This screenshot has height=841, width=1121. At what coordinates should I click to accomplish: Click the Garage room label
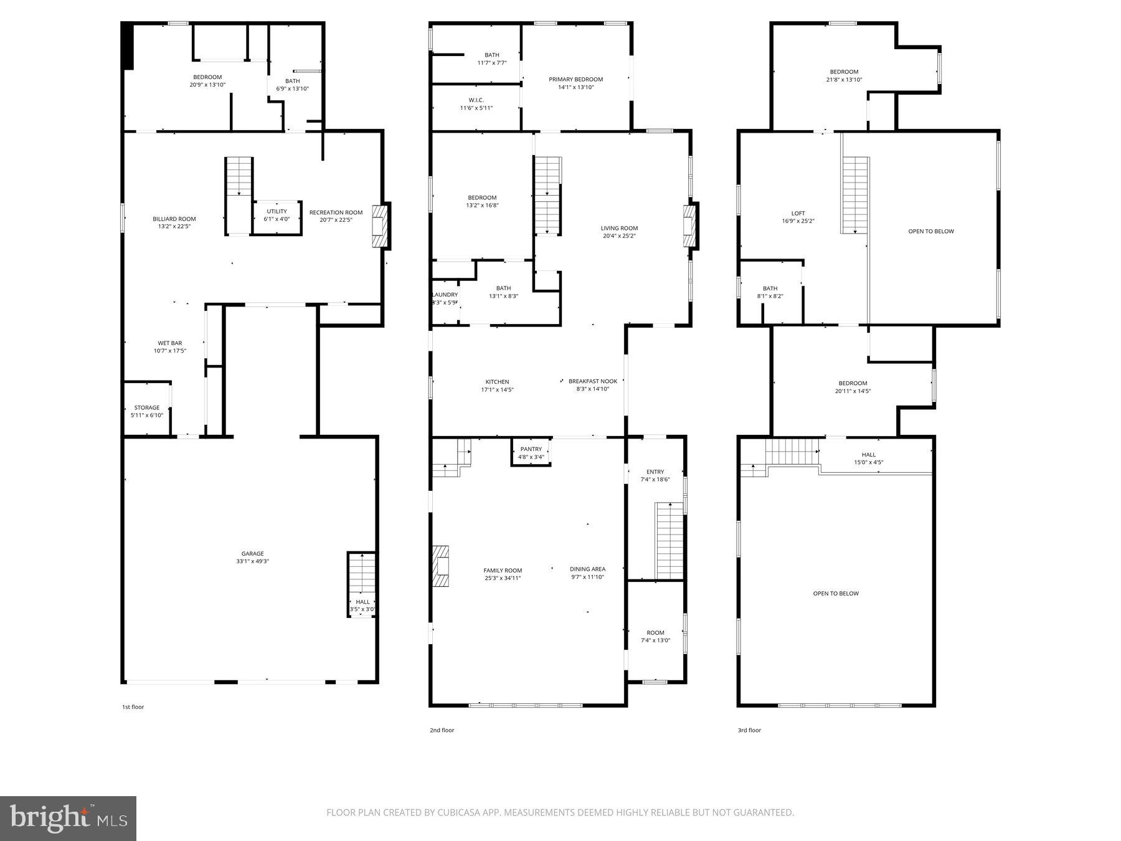253,554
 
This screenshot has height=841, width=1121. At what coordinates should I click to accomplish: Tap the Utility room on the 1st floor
277,215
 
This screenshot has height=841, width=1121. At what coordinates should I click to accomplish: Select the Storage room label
147,408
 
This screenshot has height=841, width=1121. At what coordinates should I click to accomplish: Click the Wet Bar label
169,343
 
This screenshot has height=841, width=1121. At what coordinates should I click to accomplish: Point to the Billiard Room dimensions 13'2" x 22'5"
174,227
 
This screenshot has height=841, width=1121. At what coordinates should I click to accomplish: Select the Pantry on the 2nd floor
531,453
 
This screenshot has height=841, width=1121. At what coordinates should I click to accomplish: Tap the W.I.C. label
476,100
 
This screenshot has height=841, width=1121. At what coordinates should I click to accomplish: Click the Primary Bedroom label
575,79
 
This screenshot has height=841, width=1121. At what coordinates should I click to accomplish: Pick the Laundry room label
445,295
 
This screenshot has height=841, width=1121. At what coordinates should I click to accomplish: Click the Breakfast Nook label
592,381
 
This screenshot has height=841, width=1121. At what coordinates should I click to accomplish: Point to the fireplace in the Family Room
441,566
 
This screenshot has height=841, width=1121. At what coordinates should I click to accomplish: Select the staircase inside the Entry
670,540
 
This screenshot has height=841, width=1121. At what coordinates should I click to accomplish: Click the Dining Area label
587,569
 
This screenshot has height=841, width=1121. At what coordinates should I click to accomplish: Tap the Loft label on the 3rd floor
798,213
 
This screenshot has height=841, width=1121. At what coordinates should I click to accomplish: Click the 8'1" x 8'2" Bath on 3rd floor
770,292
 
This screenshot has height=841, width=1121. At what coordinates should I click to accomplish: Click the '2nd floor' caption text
442,730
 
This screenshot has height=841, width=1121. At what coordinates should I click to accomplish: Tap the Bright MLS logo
68,819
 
